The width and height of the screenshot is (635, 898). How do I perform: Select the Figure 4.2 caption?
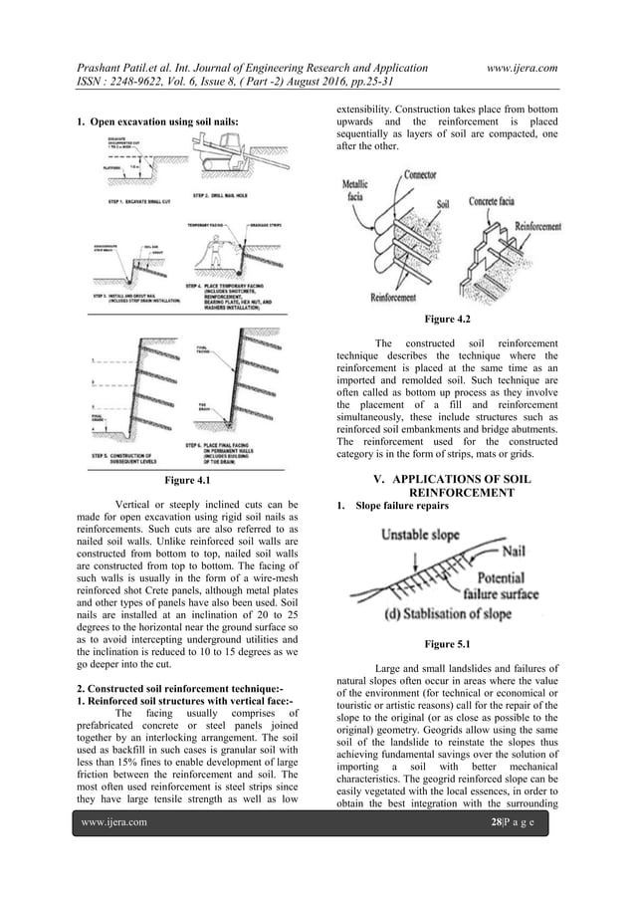pos(447,320)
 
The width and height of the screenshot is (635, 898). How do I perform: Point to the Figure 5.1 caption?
pos(447,644)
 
